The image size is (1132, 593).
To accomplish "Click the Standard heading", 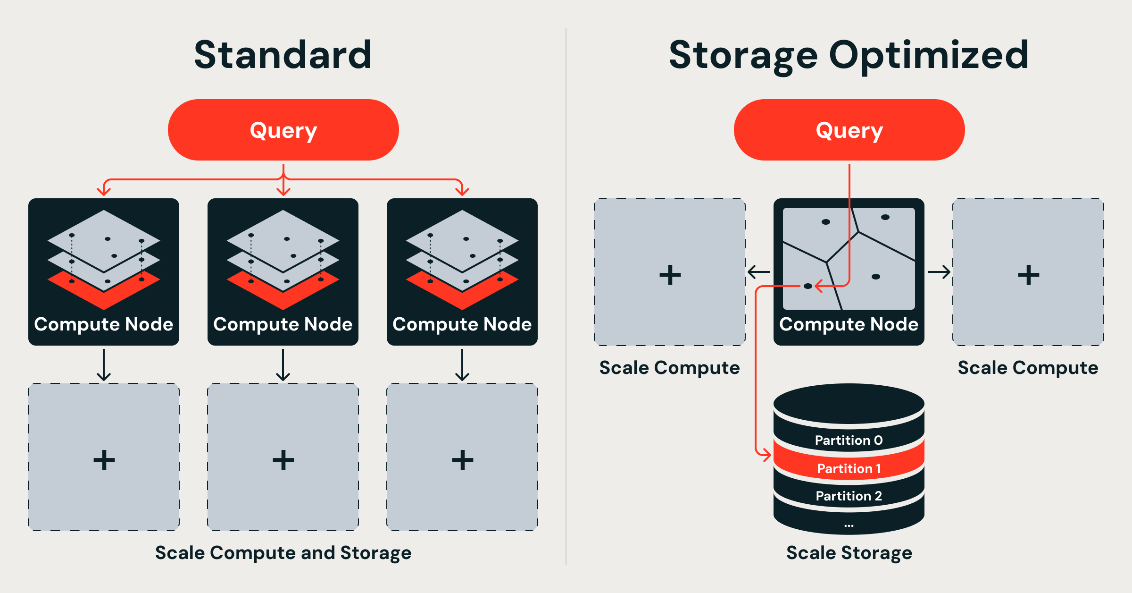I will pyautogui.click(x=283, y=55).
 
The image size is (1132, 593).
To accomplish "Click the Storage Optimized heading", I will pyautogui.click(x=849, y=55).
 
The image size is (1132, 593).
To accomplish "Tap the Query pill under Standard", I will pyautogui.click(x=283, y=130).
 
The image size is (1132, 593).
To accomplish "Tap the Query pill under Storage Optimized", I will pyautogui.click(x=849, y=130).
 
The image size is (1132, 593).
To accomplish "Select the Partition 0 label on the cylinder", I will pyautogui.click(x=849, y=440).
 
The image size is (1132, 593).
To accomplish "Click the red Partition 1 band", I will pyautogui.click(x=849, y=468).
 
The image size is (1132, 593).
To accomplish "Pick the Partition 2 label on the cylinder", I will pyautogui.click(x=849, y=496).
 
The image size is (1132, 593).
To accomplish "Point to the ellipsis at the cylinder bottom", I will pyautogui.click(x=849, y=525).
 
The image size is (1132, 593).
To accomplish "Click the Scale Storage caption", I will pyautogui.click(x=849, y=552).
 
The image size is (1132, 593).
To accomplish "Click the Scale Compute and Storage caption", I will pyautogui.click(x=283, y=552).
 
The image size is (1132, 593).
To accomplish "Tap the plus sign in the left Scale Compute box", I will pyautogui.click(x=670, y=275).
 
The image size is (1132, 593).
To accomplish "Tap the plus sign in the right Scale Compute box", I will pyautogui.click(x=1028, y=275).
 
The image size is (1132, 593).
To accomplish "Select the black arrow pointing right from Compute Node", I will pyautogui.click(x=939, y=272).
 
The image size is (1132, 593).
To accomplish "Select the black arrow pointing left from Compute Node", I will pyautogui.click(x=759, y=272).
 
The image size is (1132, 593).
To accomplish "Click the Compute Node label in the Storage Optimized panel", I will pyautogui.click(x=849, y=324).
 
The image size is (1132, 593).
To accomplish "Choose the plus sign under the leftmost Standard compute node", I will pyautogui.click(x=104, y=460).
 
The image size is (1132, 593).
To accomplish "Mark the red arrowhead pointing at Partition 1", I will pyautogui.click(x=766, y=455).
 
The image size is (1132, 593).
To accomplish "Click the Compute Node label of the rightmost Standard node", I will pyautogui.click(x=462, y=324).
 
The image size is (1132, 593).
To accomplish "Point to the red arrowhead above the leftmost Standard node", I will pyautogui.click(x=104, y=191).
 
